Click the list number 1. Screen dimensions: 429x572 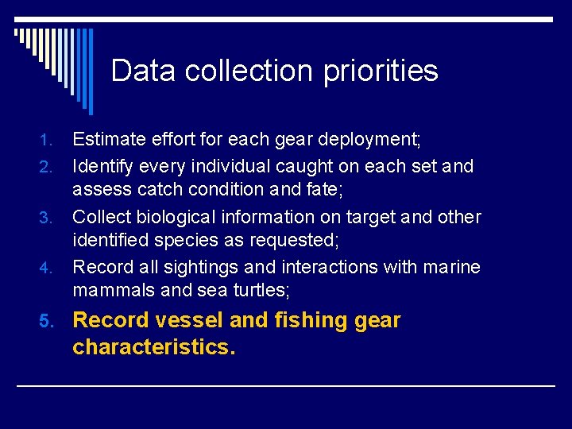pyautogui.click(x=46, y=141)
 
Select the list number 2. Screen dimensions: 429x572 pyautogui.click(x=46, y=167)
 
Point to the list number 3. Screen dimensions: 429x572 pyautogui.click(x=46, y=218)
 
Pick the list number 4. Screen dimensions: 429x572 pyautogui.click(x=46, y=268)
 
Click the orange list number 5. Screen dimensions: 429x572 pyautogui.click(x=47, y=321)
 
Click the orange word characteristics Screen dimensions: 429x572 pyautogui.click(x=153, y=346)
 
